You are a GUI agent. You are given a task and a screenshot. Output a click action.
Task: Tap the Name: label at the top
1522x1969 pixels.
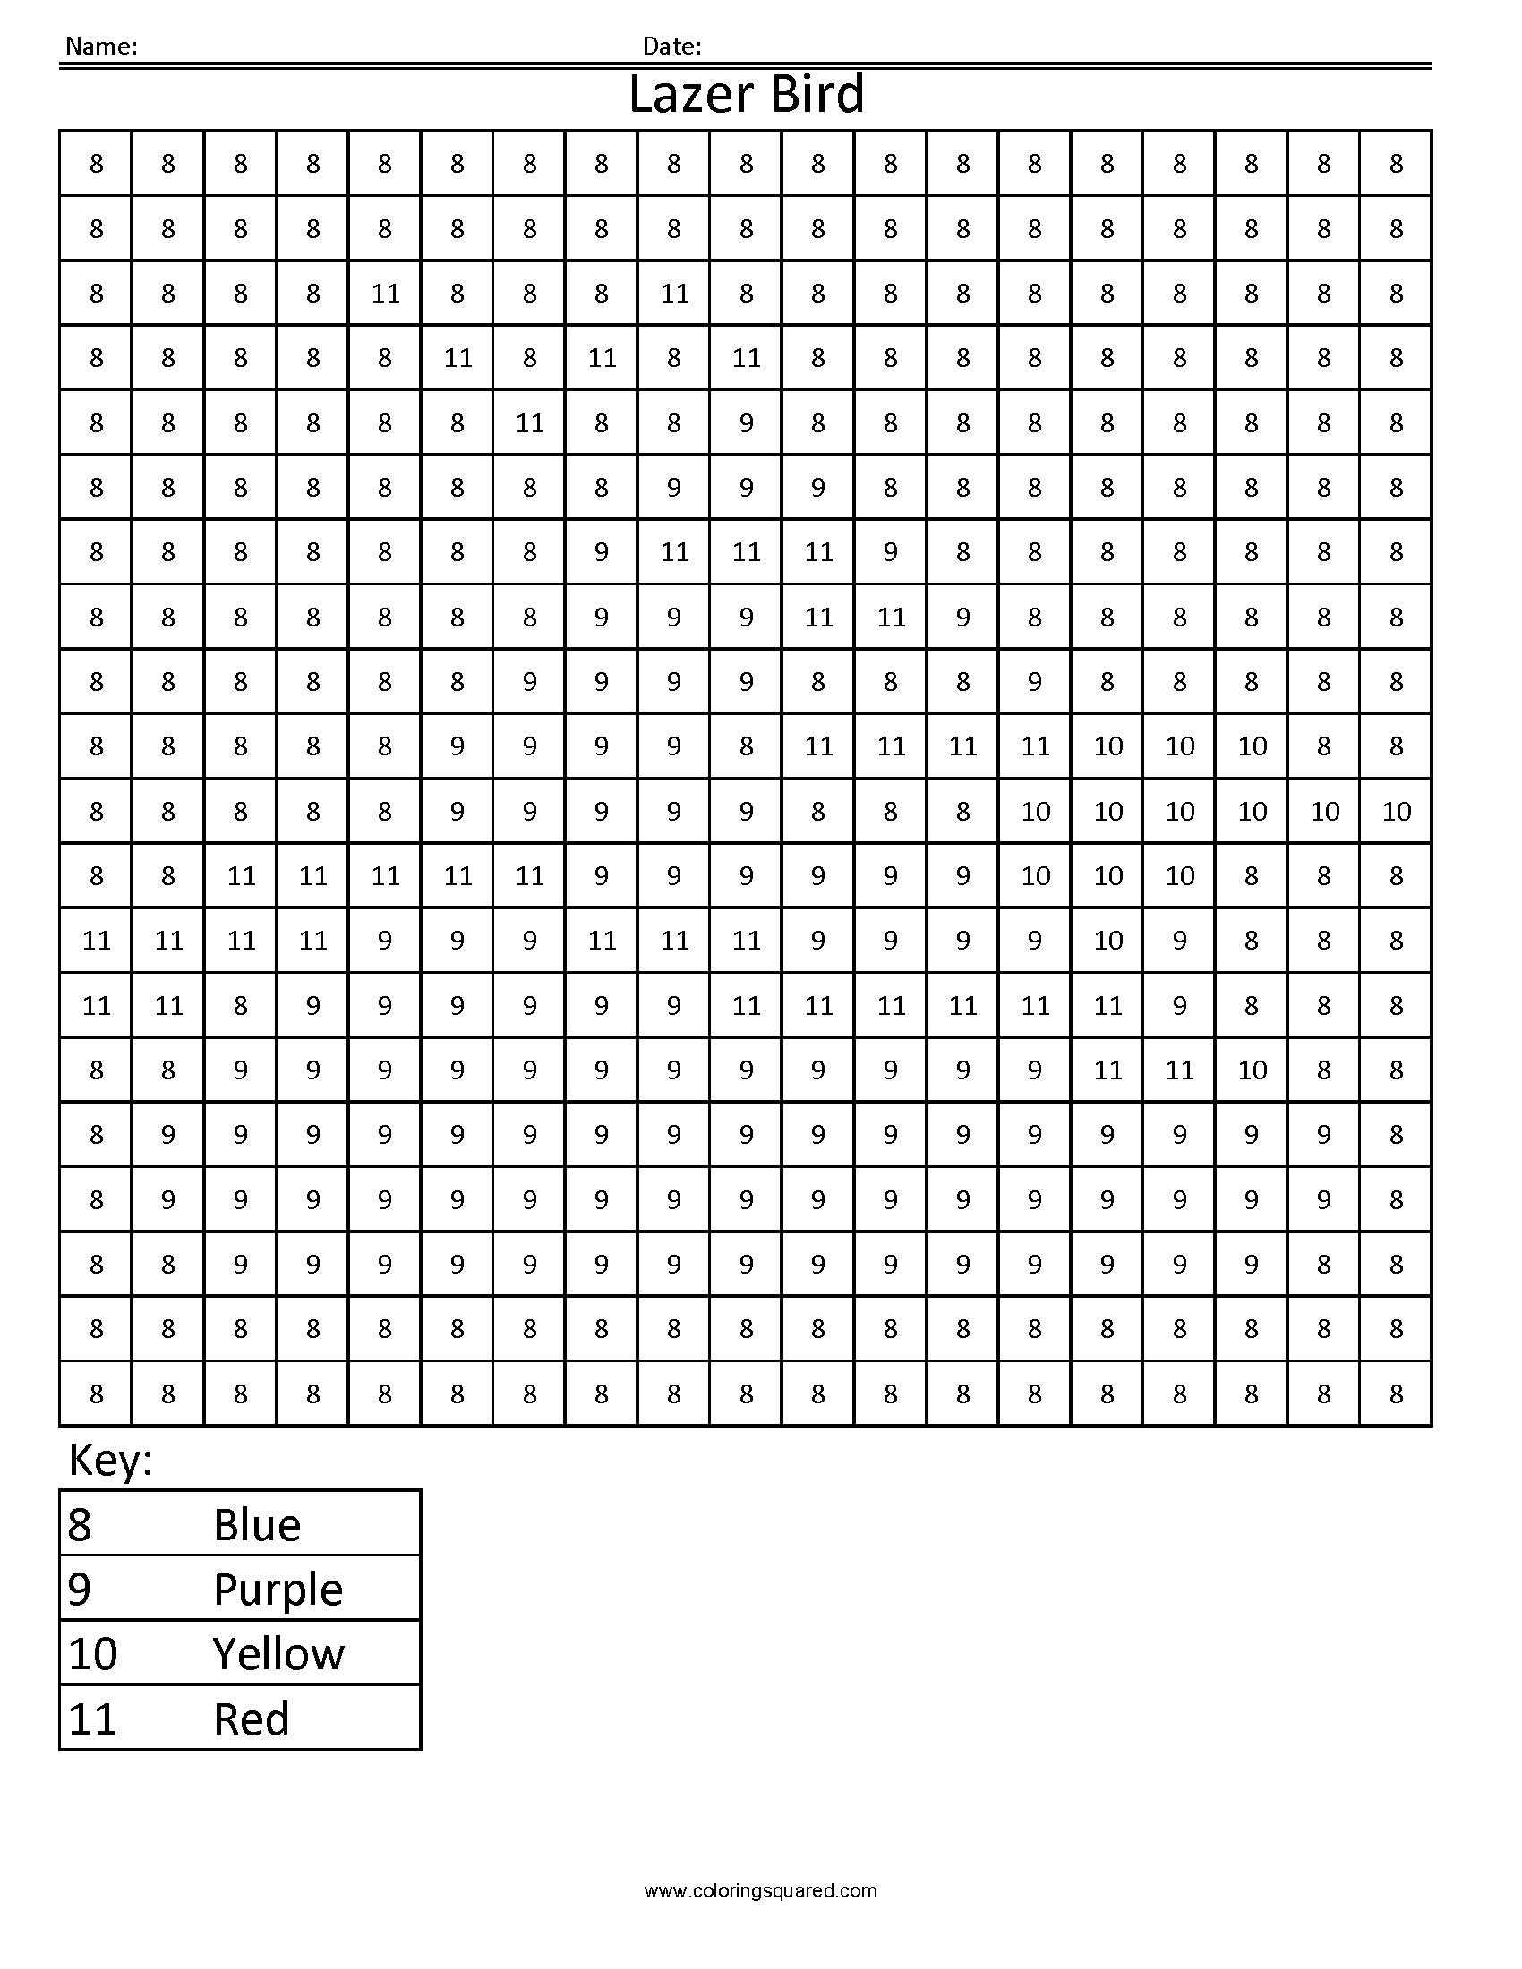(101, 46)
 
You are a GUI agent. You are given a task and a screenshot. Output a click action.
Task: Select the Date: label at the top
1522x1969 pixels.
(671, 46)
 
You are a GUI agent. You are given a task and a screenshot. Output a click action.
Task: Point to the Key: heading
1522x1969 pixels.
(111, 1460)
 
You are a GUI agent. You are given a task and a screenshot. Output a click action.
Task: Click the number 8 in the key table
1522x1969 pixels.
(80, 1524)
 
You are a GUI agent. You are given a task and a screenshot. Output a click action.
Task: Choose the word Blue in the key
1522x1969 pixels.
(257, 1524)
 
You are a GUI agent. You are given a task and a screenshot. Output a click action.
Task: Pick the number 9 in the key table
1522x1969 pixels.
(80, 1590)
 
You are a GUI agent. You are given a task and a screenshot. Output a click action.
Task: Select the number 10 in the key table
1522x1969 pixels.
(93, 1654)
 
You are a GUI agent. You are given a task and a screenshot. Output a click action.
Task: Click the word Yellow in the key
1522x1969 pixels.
(278, 1654)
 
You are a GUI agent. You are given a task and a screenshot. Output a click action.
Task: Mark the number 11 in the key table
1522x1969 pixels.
(93, 1719)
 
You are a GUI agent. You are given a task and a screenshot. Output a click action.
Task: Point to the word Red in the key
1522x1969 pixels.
(252, 1719)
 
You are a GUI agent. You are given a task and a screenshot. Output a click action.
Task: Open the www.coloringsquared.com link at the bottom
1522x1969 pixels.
(760, 1890)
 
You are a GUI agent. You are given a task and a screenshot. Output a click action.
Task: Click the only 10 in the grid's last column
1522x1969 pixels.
(1396, 812)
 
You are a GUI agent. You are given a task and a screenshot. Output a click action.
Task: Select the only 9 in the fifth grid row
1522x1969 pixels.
(746, 422)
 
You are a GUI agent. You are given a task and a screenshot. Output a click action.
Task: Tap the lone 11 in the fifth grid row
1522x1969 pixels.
(529, 422)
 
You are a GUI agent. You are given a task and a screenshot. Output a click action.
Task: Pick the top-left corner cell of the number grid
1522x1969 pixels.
(97, 163)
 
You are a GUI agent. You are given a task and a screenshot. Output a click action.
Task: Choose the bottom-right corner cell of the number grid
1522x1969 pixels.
(1396, 1394)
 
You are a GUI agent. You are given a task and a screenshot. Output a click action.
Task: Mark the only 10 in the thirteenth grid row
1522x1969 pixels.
(1107, 941)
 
